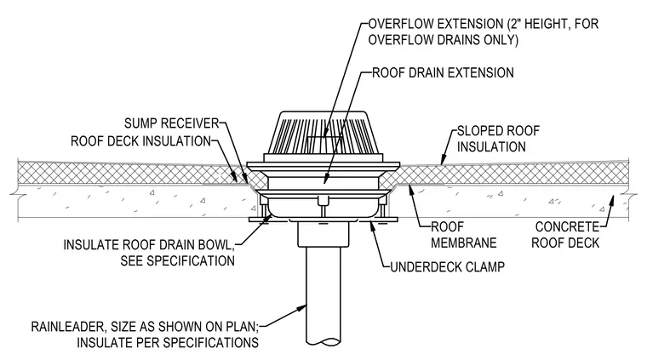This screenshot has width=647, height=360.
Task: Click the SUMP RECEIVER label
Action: pos(171,123)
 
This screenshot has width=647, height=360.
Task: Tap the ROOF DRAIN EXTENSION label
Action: pos(443,72)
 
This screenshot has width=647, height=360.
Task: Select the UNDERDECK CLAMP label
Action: pos(447,266)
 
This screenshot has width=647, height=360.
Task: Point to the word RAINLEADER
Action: pos(67,327)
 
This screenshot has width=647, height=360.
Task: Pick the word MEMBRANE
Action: pos(463,243)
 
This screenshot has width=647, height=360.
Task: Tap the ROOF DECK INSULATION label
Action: pos(141,141)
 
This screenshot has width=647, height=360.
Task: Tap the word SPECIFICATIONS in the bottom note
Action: pos(212,343)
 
